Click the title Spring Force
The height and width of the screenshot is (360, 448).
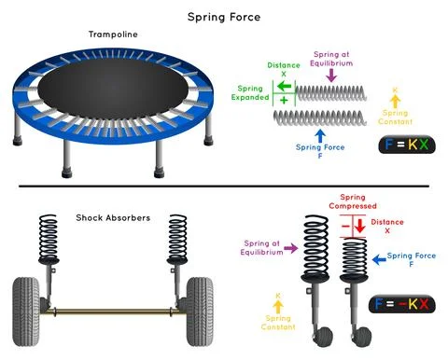pyautogui.click(x=224, y=16)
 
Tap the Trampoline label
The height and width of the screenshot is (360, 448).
pyautogui.click(x=113, y=35)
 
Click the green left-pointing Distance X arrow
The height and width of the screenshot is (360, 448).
pyautogui.click(x=284, y=85)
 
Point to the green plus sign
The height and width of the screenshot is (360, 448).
pyautogui.click(x=284, y=99)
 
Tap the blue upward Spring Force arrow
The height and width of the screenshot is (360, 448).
pyautogui.click(x=320, y=136)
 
